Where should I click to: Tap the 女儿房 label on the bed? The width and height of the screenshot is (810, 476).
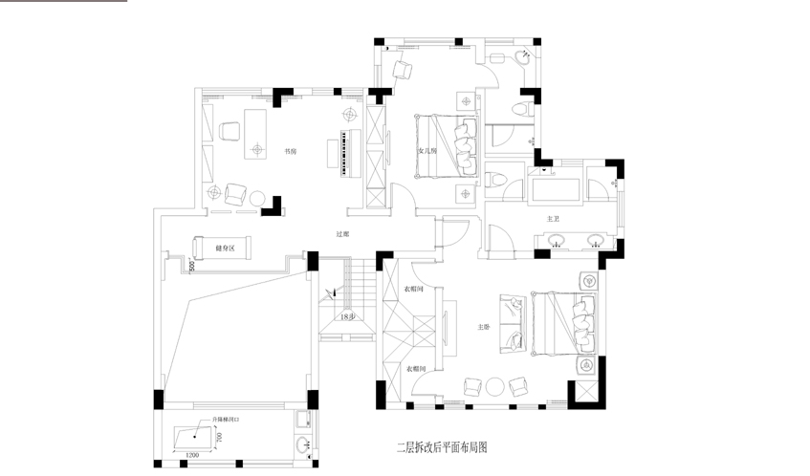[427, 150]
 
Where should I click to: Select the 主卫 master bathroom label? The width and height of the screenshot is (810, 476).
[553, 219]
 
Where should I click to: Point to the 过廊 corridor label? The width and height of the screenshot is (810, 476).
[342, 233]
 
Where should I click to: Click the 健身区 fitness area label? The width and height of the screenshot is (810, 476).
[211, 248]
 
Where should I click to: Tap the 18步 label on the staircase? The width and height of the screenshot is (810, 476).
[347, 316]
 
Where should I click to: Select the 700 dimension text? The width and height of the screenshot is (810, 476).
[219, 437]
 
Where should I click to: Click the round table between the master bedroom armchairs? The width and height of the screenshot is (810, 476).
[494, 386]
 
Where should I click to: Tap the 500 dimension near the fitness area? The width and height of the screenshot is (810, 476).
[191, 266]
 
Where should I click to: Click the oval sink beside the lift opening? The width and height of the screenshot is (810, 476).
[303, 444]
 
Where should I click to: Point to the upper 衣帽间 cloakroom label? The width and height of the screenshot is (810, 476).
[414, 289]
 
